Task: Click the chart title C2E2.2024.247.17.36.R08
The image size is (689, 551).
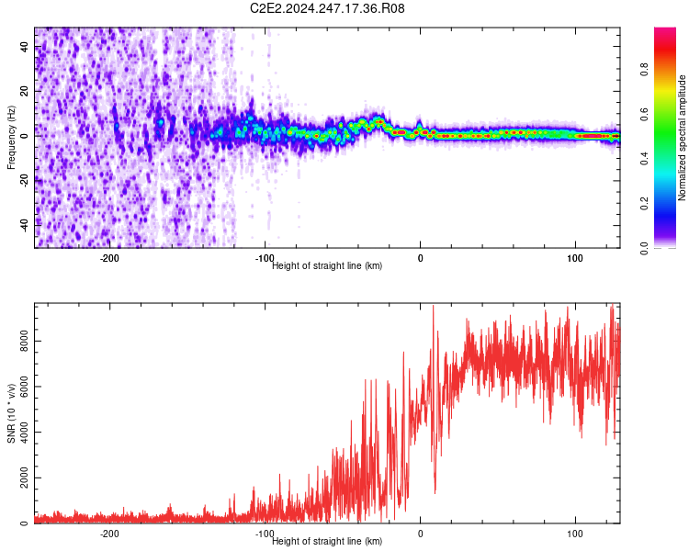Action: (327, 9)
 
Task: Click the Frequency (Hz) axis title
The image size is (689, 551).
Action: (11, 138)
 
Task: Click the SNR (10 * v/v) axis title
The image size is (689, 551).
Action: (11, 413)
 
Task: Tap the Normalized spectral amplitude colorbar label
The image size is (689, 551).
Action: (683, 138)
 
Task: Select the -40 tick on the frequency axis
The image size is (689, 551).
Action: (25, 225)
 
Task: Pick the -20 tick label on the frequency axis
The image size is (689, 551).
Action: (25, 181)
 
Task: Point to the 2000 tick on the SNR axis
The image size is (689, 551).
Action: (25, 478)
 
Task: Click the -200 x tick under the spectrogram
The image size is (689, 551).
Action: (109, 258)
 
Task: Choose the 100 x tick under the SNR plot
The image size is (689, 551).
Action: (576, 534)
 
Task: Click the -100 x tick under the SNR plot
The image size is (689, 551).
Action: (265, 534)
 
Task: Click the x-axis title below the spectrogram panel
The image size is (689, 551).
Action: (327, 266)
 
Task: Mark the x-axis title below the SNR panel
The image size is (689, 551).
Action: (327, 542)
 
